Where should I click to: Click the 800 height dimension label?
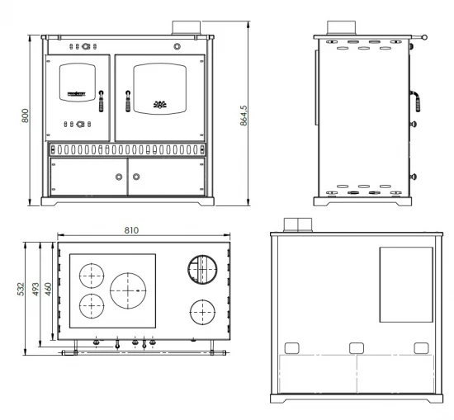pyautogui.click(x=26, y=116)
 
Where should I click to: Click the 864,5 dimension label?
pyautogui.click(x=244, y=116)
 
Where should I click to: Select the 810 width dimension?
pyautogui.click(x=131, y=230)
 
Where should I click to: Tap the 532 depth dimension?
pyautogui.click(x=21, y=289)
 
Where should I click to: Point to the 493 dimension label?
pyautogui.click(x=35, y=289)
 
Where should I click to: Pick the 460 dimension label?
pyautogui.click(x=48, y=289)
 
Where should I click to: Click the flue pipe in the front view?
pyautogui.click(x=187, y=28)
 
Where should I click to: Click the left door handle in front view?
pyautogui.click(x=101, y=101)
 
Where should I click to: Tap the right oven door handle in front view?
pyautogui.click(x=128, y=101)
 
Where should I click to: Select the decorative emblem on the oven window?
pyautogui.click(x=160, y=104)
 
